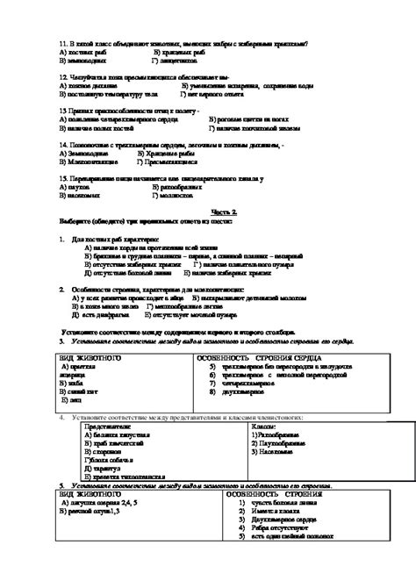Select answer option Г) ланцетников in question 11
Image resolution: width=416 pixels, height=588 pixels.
(x=179, y=60)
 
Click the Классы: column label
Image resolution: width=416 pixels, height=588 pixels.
(x=256, y=425)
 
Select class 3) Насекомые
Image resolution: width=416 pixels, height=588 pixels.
(x=268, y=450)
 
